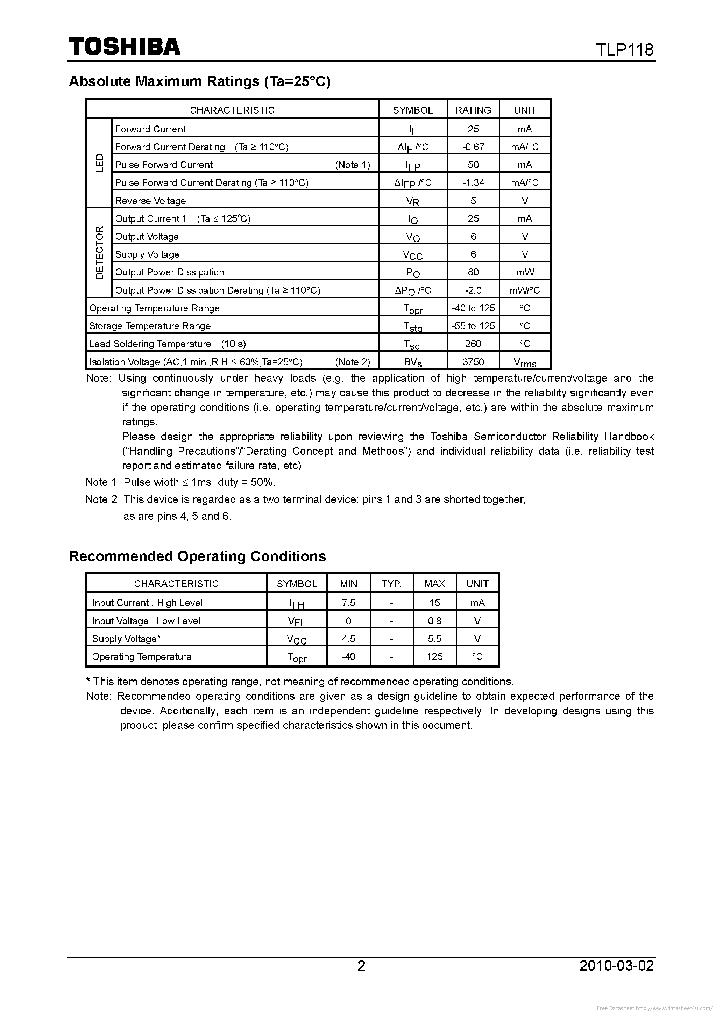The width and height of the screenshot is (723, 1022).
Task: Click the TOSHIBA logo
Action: pyautogui.click(x=124, y=46)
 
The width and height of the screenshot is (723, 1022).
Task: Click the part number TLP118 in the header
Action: pyautogui.click(x=625, y=49)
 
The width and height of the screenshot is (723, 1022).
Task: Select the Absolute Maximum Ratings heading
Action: pyautogui.click(x=200, y=81)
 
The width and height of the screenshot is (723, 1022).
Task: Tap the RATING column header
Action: pyautogui.click(x=473, y=110)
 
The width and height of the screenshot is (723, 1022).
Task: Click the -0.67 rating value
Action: pyautogui.click(x=473, y=147)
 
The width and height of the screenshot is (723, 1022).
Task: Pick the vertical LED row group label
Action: pyautogui.click(x=99, y=163)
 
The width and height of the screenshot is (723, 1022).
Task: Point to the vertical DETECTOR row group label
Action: pyautogui.click(x=99, y=252)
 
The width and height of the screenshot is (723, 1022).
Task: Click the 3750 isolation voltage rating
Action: pyautogui.click(x=473, y=362)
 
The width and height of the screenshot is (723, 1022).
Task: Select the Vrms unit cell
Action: pyautogui.click(x=525, y=362)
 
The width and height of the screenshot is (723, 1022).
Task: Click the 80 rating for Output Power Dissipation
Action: pyautogui.click(x=473, y=272)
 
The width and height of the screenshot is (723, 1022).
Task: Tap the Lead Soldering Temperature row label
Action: pyautogui.click(x=150, y=344)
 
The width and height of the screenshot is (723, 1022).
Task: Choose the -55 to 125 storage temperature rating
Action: pyautogui.click(x=473, y=326)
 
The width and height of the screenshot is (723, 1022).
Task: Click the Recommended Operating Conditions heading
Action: pyautogui.click(x=197, y=556)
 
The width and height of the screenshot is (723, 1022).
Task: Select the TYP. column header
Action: pyautogui.click(x=391, y=584)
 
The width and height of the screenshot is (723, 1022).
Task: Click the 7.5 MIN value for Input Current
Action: pyautogui.click(x=348, y=602)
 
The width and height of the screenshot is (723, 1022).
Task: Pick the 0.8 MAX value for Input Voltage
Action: pyautogui.click(x=434, y=620)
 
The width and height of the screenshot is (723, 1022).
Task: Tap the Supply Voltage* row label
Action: pyautogui.click(x=126, y=639)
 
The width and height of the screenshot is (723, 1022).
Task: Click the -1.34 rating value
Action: pyautogui.click(x=473, y=182)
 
